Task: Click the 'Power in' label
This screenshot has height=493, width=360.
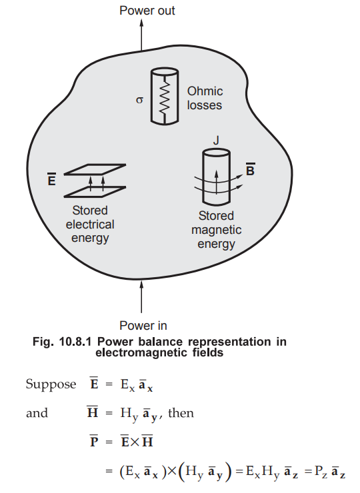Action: tap(143, 326)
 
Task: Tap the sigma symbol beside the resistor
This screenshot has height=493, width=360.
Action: tap(139, 101)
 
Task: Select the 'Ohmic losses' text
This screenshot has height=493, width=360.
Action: tap(205, 98)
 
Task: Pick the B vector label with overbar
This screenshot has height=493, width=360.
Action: tap(250, 171)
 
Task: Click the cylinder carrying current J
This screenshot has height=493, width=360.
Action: tap(216, 175)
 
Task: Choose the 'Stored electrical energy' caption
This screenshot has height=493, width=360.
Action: tap(90, 225)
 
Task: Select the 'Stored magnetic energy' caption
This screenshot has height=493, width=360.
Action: tap(216, 230)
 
